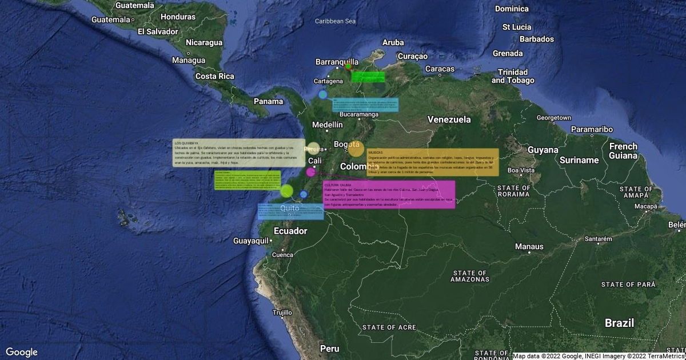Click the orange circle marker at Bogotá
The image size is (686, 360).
356,149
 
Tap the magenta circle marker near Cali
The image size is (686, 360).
311,172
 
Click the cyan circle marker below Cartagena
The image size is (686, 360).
323,94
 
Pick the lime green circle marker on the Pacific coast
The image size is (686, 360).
287,191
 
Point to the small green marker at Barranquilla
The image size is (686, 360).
348,66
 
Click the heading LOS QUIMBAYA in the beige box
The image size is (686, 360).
186,143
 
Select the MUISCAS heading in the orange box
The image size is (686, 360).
376,153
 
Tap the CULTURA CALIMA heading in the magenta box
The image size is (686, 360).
338,185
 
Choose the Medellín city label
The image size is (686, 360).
328,125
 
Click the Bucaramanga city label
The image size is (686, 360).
359,114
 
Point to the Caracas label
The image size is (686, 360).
440,69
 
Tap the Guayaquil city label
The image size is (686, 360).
251,241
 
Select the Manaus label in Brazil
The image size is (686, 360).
529,247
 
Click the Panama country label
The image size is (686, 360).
269,102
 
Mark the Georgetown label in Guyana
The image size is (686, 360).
554,118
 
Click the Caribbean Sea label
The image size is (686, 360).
336,21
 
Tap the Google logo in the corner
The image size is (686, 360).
22,352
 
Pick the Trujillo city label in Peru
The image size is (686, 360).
282,313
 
